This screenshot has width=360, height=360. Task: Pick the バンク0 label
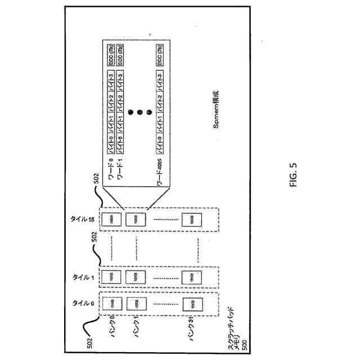(x=112, y=327)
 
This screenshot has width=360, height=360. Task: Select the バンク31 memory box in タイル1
(x=190, y=276)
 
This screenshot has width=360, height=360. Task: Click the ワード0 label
(x=112, y=168)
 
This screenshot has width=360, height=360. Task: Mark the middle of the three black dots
(x=139, y=113)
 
